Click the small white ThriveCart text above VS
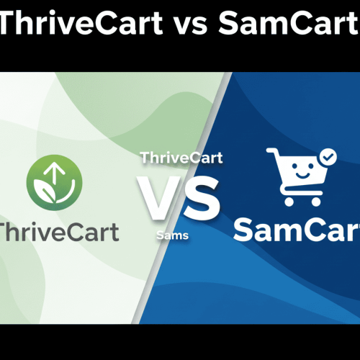click(181, 157)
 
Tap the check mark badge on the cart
click(328, 156)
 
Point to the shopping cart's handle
click(271, 153)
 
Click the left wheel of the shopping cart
click(290, 207)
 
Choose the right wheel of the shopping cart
click(319, 207)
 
